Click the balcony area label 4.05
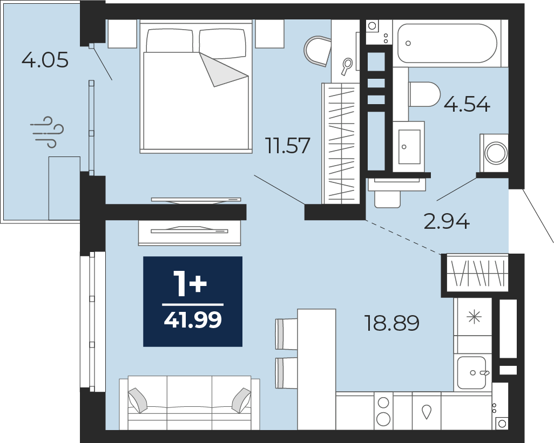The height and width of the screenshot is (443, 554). tap(45, 60)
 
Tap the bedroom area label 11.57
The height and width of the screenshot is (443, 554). tap(288, 146)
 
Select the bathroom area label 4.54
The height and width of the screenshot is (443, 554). tap(467, 104)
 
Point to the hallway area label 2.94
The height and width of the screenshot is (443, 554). tap(447, 221)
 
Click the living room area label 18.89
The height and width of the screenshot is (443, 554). tap(392, 323)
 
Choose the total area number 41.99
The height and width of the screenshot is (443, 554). tap(193, 320)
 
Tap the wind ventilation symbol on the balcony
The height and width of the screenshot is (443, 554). tap(47, 132)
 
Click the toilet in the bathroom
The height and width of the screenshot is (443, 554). tap(424, 94)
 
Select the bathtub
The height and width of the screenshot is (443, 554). tap(447, 43)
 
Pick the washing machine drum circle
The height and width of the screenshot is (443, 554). tap(496, 153)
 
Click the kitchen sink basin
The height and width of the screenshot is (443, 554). tap(472, 373)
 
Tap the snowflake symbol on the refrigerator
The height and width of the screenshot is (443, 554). tap(474, 317)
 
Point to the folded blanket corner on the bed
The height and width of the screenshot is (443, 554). tap(223, 70)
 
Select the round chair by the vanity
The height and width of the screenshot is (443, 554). tap(317, 51)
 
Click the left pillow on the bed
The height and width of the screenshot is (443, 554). tap(170, 42)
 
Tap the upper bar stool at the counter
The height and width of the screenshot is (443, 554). tap(287, 334)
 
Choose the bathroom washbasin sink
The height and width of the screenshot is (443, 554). tap(409, 146)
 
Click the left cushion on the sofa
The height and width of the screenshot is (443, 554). tap(138, 400)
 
